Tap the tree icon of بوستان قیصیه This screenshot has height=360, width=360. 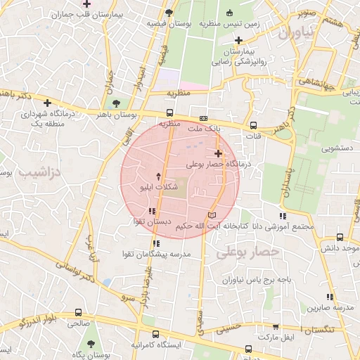click(x=168, y=13)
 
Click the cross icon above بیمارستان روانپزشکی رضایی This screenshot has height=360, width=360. click(x=238, y=39)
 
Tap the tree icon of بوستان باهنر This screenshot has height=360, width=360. click(x=126, y=103)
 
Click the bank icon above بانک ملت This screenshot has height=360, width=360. click(x=204, y=119)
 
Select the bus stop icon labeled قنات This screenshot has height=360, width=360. click(x=253, y=125)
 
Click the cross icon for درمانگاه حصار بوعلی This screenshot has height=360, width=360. click(x=218, y=153)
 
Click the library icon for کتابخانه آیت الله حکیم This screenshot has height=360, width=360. click(x=213, y=214)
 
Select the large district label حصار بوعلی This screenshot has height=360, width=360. click(x=248, y=251)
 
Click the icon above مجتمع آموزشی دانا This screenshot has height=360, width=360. click(x=283, y=216)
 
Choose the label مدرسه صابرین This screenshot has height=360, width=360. click(x=333, y=307)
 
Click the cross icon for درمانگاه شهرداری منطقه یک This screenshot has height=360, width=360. click(x=47, y=103)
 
